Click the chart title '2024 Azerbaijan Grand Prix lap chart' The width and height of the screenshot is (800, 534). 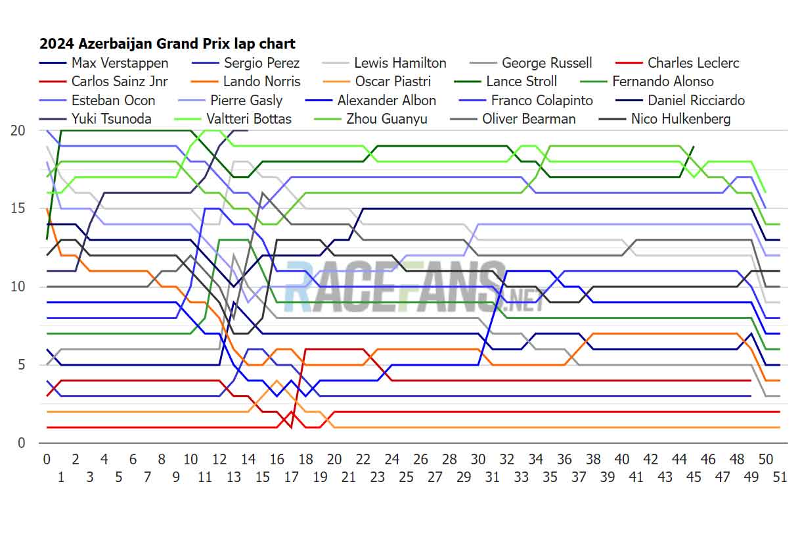coord(167,44)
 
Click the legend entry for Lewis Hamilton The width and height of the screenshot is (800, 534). coord(400,63)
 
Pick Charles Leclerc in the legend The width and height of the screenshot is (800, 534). coord(693,63)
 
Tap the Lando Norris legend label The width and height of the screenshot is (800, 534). coord(261,82)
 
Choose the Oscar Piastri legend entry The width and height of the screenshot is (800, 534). coord(392,82)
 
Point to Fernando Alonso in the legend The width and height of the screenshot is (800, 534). coord(663,82)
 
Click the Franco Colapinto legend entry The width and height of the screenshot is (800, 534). coord(542,101)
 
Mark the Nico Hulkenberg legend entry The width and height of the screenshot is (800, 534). coord(680,119)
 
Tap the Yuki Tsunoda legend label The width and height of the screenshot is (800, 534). coord(111,119)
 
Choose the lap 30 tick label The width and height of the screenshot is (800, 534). coord(478,459)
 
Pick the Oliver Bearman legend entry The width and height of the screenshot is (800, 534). coord(529,119)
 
